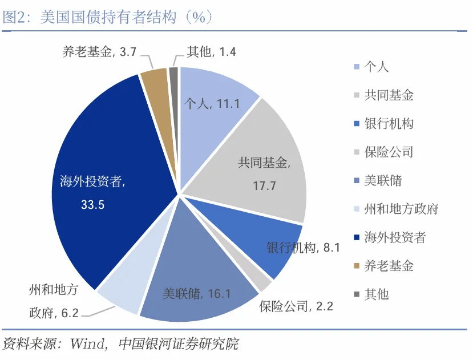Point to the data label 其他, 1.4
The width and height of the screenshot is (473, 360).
[x=211, y=52]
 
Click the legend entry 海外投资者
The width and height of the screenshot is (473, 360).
[x=395, y=237]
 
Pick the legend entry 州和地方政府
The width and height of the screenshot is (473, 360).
[x=401, y=209]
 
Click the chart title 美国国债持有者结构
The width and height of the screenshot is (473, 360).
[x=108, y=17]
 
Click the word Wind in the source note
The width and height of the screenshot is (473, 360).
[x=87, y=344]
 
